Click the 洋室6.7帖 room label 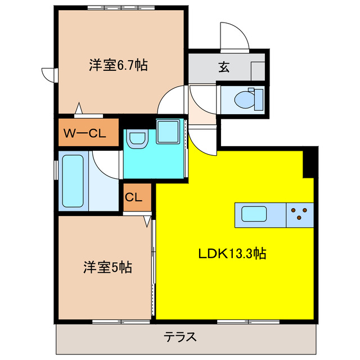[x=118, y=65]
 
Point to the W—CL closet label [x=86, y=133]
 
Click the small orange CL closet [x=137, y=198]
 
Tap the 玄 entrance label [x=223, y=67]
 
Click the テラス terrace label [x=180, y=337]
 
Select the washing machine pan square [x=168, y=131]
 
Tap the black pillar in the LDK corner [x=309, y=163]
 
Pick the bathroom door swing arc [x=105, y=166]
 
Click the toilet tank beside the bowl [x=258, y=99]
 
